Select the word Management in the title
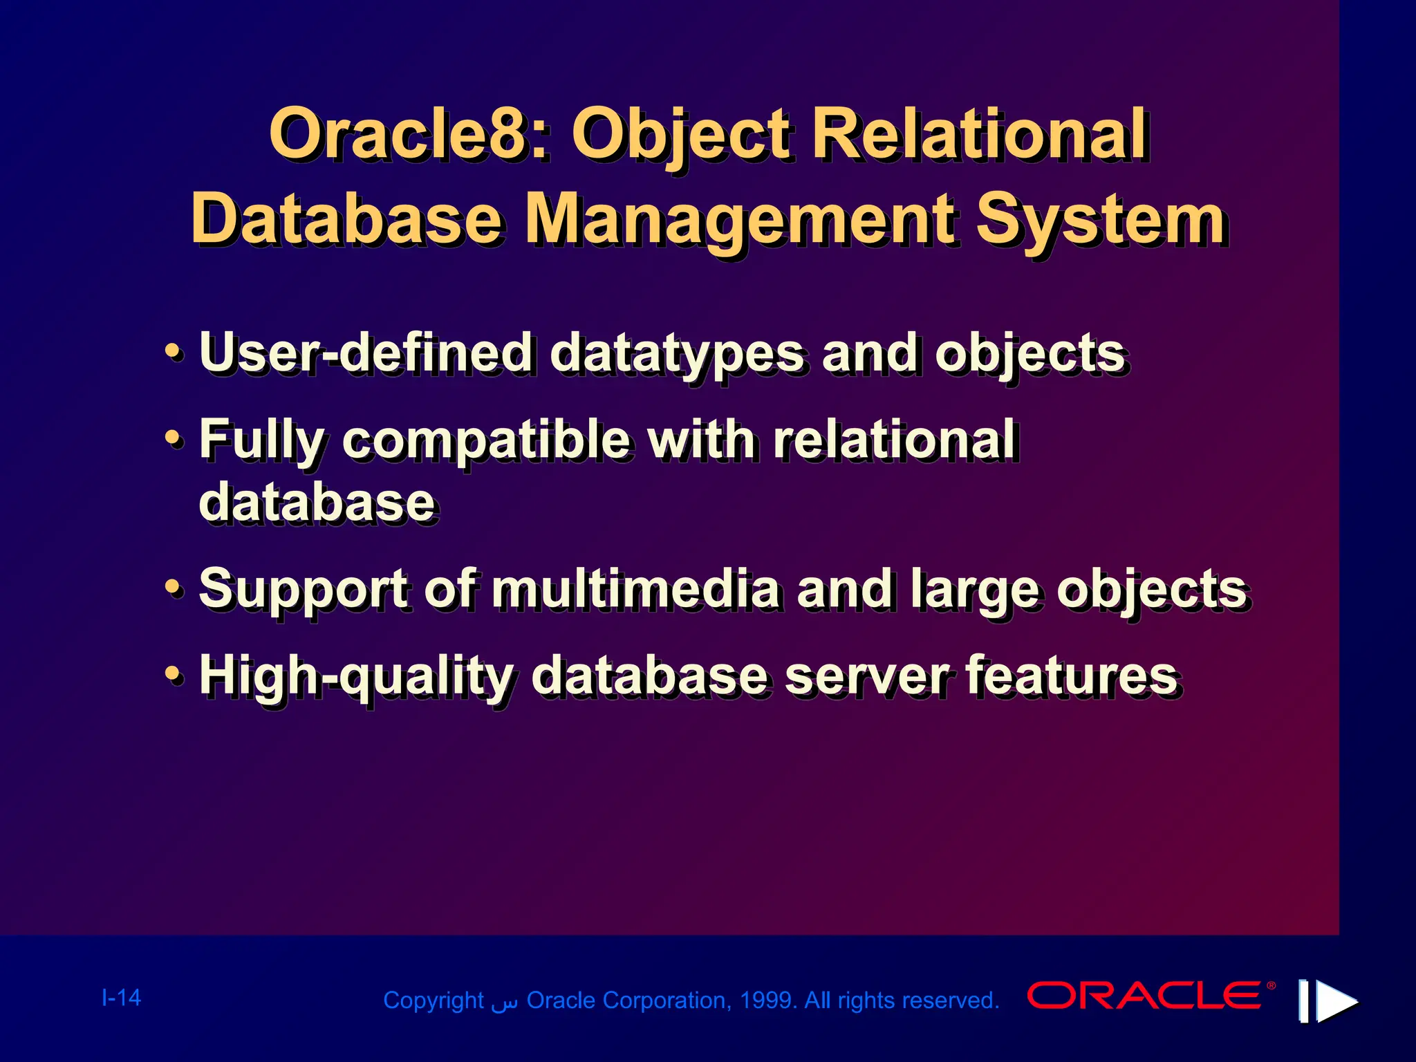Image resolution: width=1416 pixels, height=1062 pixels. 740,220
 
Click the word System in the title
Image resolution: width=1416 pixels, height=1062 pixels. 1101,220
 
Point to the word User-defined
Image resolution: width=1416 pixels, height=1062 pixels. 366,353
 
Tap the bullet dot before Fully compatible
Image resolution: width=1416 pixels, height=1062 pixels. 174,438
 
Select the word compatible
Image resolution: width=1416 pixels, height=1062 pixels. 485,441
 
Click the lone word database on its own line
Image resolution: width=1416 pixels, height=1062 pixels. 317,503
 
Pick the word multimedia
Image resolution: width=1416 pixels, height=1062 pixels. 635,589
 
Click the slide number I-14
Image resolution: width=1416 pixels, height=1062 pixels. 121,998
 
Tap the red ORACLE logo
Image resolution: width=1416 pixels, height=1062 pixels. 1146,996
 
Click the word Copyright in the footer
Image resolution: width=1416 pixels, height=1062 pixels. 433,1000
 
